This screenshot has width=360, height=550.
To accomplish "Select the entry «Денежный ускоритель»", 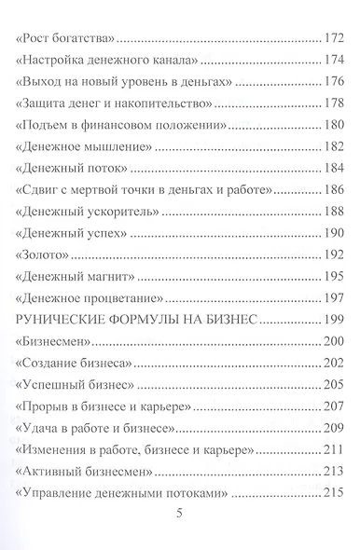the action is (x=84, y=210).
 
